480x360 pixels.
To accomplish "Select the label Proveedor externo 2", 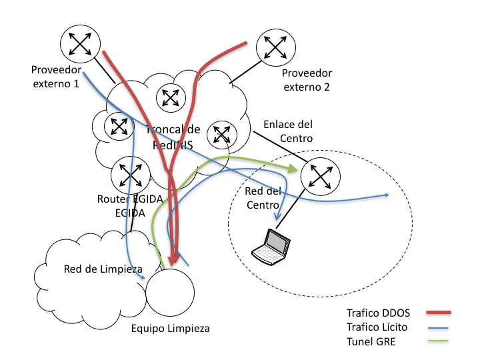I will point(307,80).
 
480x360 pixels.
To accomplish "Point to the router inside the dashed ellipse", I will point(321,177).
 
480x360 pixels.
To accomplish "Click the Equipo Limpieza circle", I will point(169,293).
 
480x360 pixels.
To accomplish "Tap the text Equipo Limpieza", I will point(169,329).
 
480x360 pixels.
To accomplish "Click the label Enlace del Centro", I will point(288,131).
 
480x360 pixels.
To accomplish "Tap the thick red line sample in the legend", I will point(433,312).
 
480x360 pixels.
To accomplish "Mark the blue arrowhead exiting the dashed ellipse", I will point(386,195).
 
